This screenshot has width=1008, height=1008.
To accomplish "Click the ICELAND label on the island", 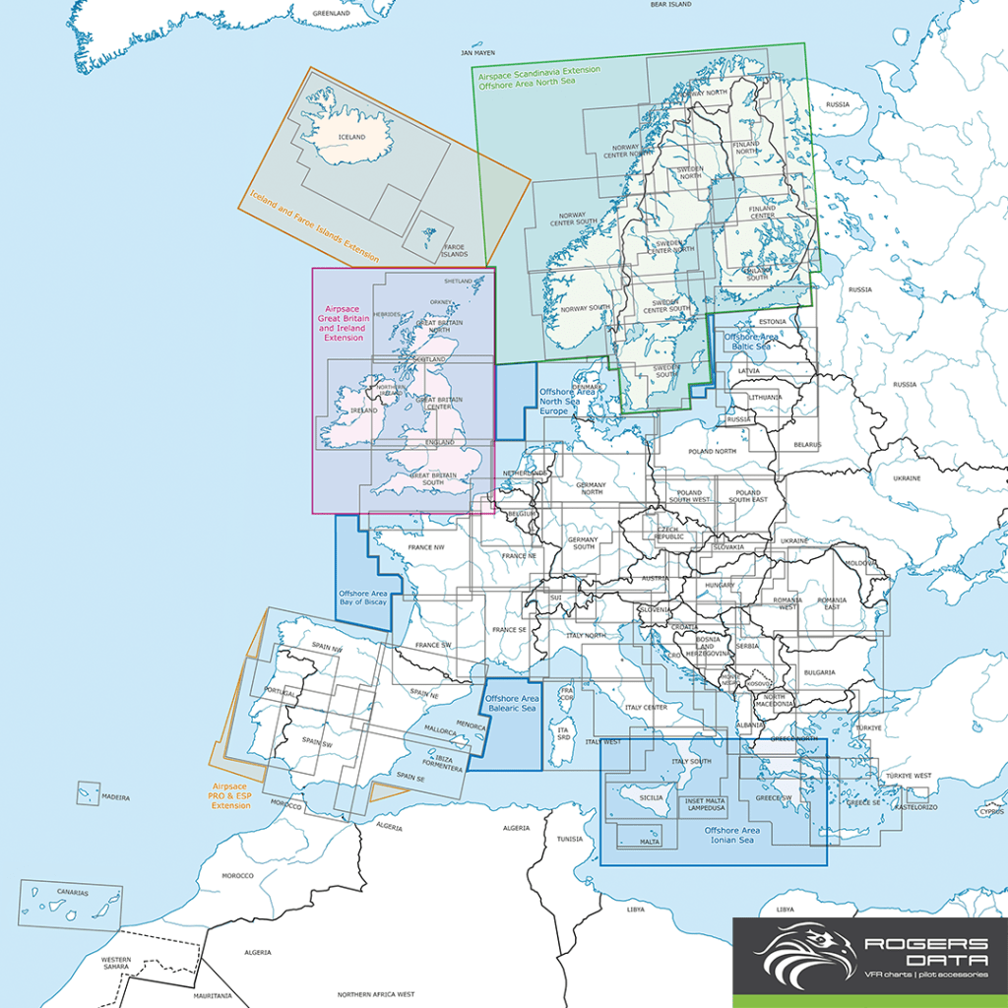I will coord(351,137).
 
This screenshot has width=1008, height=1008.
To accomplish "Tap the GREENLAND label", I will coord(332,14).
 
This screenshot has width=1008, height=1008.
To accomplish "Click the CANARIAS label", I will coord(72,893).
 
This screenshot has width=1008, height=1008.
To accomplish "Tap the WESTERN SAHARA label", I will coord(116,964).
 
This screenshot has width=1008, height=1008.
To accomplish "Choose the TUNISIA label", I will coord(570,840).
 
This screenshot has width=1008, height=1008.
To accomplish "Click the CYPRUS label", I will coord(991,812).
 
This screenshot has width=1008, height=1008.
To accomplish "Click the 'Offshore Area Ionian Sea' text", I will coord(733,836).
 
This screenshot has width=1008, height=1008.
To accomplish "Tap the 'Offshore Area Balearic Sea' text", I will coord(510,703).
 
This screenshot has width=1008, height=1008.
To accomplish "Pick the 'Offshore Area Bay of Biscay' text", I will coord(362,598).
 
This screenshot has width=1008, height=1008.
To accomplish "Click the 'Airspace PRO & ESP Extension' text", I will coord(231,795).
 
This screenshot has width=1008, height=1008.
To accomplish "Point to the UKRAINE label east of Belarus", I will coord(907,478).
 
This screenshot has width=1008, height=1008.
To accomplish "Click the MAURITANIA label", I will coord(213,996).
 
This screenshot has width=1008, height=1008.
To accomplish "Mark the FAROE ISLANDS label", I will coord(454,250).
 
